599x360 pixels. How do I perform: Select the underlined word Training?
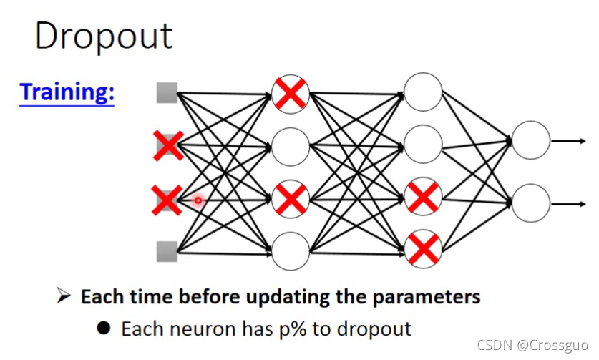click(67, 92)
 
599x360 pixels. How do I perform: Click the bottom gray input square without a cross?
click(167, 251)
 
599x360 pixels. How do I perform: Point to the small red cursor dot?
click(198, 200)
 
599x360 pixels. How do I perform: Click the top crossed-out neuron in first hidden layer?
click(291, 93)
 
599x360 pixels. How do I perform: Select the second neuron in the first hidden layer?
click(291, 146)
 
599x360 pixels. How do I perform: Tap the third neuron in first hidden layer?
click(291, 198)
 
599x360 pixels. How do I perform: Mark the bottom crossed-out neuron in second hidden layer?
click(423, 250)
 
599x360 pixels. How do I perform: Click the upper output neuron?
click(531, 140)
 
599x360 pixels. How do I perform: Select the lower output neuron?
click(531, 203)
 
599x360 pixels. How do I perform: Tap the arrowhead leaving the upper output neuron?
click(581, 140)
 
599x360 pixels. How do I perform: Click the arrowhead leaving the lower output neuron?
click(581, 204)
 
